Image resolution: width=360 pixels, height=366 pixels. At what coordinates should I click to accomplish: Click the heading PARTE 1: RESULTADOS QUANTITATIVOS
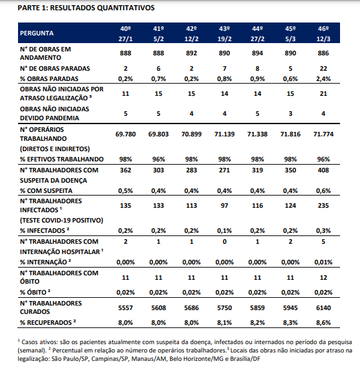coord(86,8)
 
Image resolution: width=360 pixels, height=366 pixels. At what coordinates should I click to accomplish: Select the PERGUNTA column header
coord(37,33)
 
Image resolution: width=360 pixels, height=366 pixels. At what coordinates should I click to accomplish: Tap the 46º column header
coord(323,29)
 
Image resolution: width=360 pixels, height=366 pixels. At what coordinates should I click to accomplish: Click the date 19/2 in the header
coord(224,39)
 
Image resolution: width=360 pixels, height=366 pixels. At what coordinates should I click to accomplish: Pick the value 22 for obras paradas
coord(323,69)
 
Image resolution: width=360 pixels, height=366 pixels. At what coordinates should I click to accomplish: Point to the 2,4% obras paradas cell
coord(323,79)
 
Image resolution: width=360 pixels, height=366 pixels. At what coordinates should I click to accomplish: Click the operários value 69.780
coord(126,134)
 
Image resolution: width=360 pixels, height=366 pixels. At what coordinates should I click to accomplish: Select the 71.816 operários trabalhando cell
coord(290,134)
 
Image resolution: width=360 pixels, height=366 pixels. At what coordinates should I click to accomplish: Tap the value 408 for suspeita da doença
coord(323,170)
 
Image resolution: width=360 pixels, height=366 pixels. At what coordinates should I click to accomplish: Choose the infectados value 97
coord(224,206)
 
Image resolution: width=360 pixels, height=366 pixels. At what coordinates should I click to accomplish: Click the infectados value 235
coord(323,206)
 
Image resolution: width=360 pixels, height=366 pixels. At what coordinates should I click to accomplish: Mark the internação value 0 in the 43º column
coord(224,242)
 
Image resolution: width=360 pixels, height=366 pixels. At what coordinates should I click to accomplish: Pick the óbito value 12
coord(323,277)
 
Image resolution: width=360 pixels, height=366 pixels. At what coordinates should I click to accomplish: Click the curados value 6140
coord(323,308)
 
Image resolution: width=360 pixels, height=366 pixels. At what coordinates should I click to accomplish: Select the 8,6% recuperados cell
coord(323,323)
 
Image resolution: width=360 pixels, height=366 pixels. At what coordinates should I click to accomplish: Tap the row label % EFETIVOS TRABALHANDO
coord(62,159)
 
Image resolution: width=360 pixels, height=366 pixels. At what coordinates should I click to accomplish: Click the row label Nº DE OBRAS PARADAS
coord(55,69)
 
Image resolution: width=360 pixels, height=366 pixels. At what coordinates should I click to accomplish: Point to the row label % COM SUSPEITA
coord(46,190)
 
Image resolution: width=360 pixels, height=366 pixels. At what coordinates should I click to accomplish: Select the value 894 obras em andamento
coord(258,53)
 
